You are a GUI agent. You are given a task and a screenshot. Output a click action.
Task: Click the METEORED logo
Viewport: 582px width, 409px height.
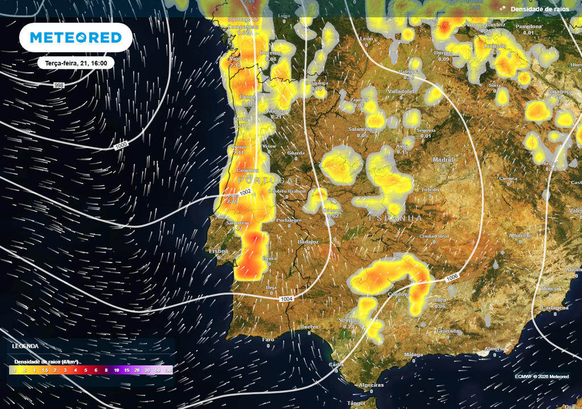tap(76, 37)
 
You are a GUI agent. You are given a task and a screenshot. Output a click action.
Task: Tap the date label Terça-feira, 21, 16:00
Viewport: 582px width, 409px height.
tap(76, 63)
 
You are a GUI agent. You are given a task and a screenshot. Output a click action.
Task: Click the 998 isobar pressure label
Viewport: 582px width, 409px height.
tap(59, 85)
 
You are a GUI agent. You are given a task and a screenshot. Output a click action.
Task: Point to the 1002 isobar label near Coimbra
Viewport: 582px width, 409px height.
tap(245, 193)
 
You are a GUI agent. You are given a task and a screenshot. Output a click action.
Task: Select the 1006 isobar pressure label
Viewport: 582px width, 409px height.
tap(452, 277)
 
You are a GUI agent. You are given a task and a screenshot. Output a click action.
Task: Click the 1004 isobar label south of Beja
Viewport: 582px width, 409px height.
tap(286, 299)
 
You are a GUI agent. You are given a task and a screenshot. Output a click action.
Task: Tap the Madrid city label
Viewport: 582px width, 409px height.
tap(443, 160)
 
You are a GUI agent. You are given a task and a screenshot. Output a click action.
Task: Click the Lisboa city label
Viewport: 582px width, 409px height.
tap(219, 251)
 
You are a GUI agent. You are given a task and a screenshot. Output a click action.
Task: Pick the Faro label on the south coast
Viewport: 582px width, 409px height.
tap(268, 339)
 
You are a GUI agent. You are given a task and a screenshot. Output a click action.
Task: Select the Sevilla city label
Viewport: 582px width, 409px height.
tap(349, 320)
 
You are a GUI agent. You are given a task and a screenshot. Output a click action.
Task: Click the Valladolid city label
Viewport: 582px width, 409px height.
tap(401, 91)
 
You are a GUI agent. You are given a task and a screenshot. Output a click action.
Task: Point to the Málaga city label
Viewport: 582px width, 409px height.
tap(413, 354)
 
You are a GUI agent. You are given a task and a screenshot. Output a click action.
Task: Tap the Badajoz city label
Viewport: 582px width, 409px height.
tap(309, 241)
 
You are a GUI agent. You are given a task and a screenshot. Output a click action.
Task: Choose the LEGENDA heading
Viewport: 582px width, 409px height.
tap(26, 346)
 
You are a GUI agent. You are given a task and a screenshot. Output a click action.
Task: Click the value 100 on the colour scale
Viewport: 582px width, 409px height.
tap(168, 370)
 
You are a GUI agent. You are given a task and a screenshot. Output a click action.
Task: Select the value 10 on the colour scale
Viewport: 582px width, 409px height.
tap(117, 370)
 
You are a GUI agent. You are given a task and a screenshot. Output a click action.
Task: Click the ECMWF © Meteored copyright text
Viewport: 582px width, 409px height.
tap(542, 376)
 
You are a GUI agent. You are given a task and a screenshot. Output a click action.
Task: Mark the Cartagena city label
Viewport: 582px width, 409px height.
tap(555, 308)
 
